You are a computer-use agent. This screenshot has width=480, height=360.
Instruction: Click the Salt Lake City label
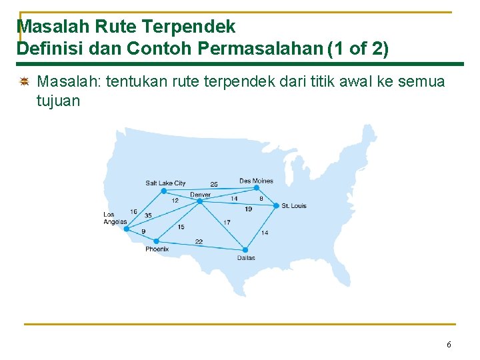coord(165,183)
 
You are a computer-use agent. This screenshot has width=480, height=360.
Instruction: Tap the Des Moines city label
coord(256,181)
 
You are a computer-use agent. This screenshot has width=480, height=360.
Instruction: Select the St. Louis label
coord(294,205)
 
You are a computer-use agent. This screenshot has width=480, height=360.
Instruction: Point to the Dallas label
coord(246,258)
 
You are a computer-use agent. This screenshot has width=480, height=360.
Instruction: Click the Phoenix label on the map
coord(157,249)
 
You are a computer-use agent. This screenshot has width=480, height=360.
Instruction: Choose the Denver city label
coord(200,195)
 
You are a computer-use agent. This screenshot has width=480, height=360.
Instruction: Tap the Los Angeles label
coord(115,218)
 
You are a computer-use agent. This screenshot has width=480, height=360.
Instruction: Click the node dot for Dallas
coord(245,250)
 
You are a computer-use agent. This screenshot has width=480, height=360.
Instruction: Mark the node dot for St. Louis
coord(276,205)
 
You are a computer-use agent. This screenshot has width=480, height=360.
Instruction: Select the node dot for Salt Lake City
coord(163,191)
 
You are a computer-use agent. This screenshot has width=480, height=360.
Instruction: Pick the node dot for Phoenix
coord(156,241)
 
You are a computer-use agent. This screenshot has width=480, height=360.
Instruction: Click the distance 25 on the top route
coord(214,184)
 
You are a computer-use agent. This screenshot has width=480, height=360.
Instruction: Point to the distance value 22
coord(199,241)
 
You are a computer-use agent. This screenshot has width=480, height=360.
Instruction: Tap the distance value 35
coord(148,215)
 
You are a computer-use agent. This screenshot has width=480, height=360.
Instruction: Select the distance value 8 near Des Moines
coord(261,198)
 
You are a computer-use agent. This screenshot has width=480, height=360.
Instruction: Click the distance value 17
coord(227,222)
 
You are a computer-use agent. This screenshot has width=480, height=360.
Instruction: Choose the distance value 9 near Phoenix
coord(143,231)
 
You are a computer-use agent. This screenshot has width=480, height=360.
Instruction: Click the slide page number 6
coord(449,345)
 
